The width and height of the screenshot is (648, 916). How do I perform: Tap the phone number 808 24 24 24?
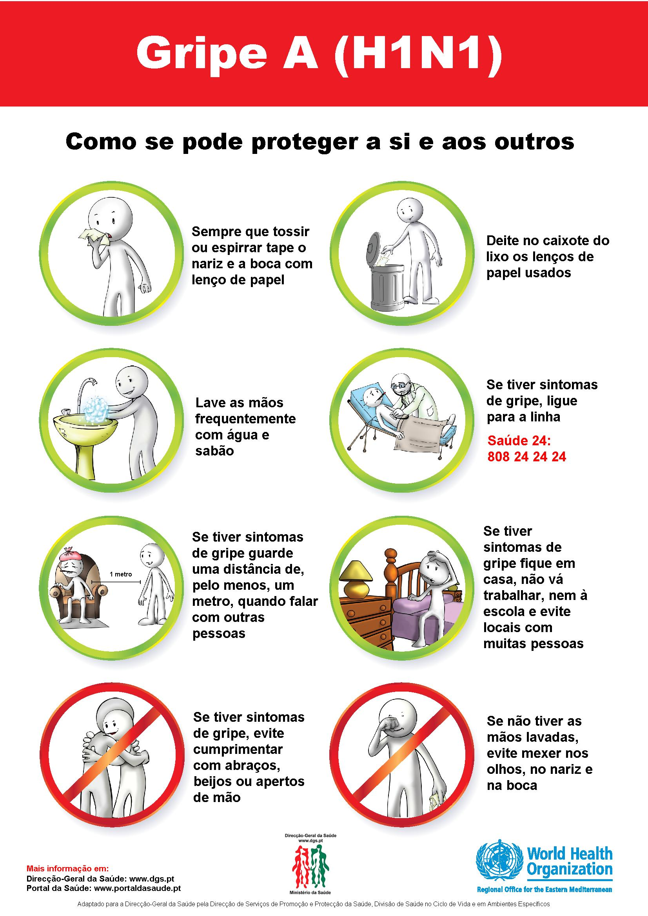526,457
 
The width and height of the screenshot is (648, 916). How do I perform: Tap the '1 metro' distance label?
121,574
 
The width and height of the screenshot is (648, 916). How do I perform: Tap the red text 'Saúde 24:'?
519,441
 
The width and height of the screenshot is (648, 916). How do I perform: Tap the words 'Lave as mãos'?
239,403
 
